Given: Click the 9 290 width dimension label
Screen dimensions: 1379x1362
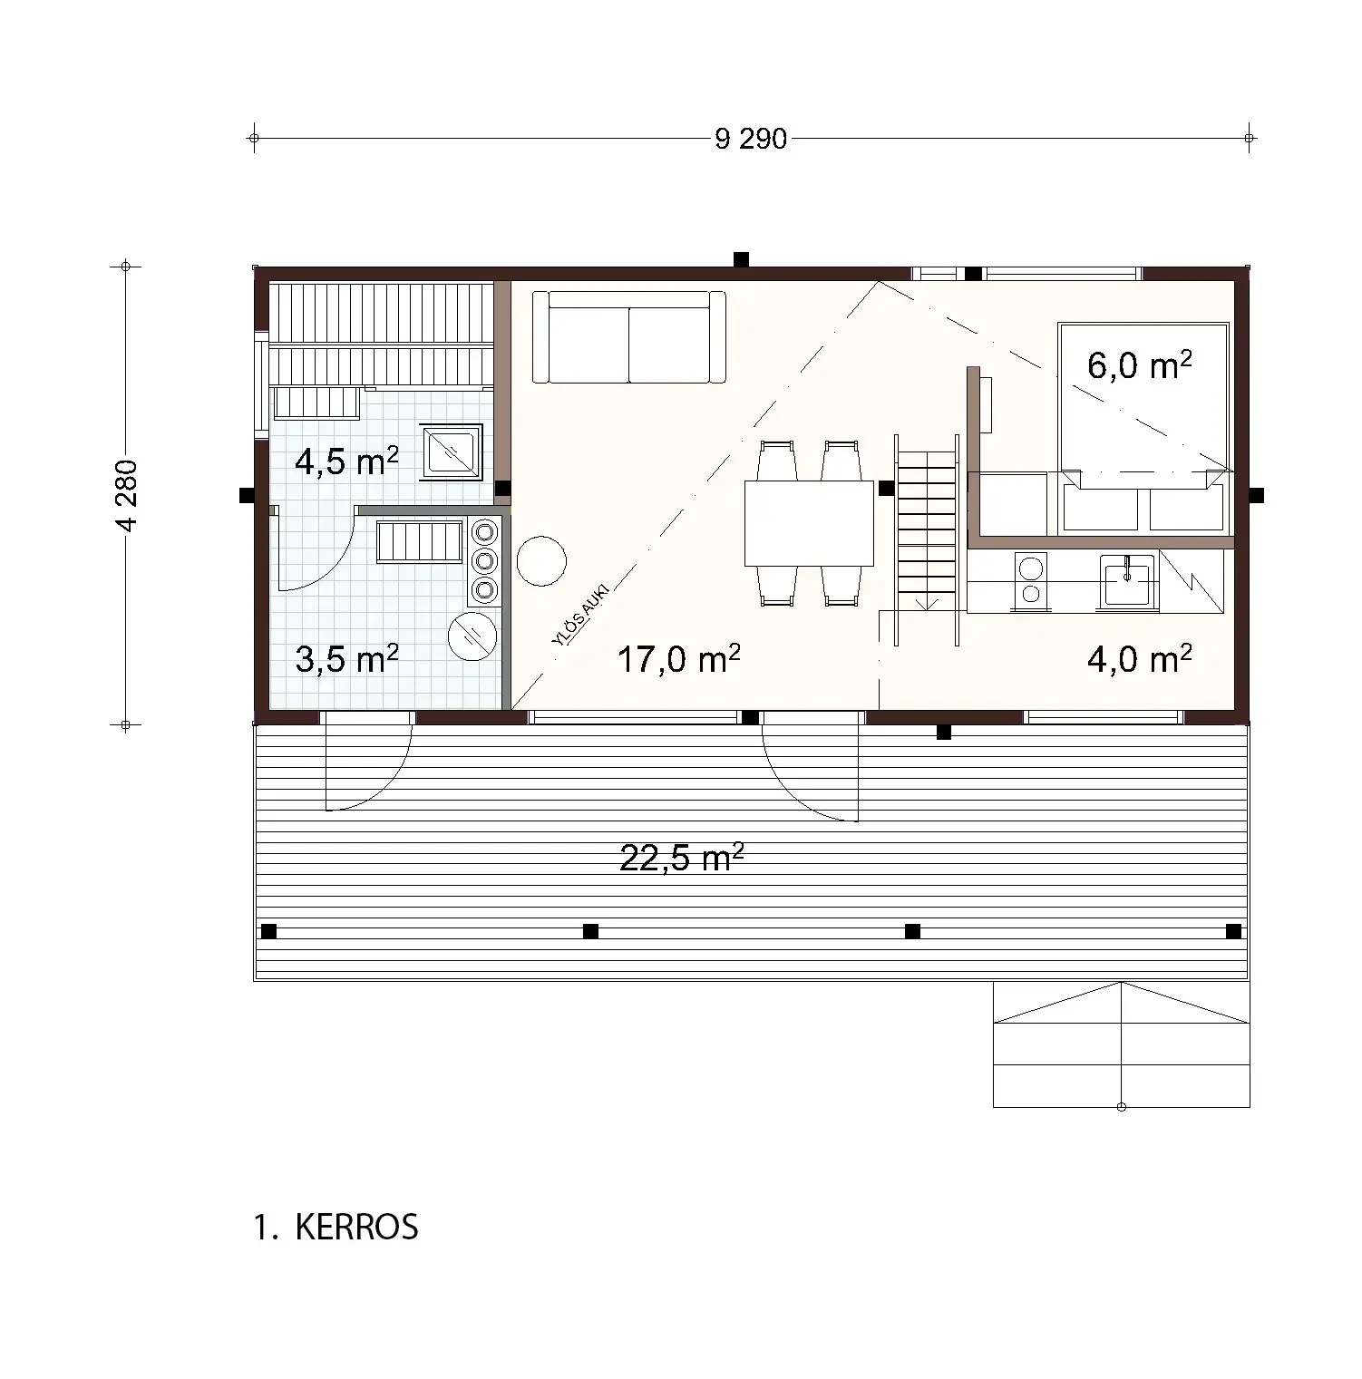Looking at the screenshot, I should pyautogui.click(x=751, y=140).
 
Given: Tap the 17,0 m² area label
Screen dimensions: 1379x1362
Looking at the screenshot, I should pyautogui.click(x=678, y=659).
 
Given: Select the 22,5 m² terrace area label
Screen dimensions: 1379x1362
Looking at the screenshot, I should pyautogui.click(x=682, y=857).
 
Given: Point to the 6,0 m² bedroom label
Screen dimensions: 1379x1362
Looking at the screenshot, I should pyautogui.click(x=1139, y=366).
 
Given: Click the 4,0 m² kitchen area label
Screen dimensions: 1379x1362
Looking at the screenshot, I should pyautogui.click(x=1139, y=659).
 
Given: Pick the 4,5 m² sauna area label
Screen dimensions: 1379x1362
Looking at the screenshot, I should pyautogui.click(x=346, y=461).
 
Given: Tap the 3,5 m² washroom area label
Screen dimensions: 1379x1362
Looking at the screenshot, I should pyautogui.click(x=346, y=659).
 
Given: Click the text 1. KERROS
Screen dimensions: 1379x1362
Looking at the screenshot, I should pyautogui.click(x=336, y=1228).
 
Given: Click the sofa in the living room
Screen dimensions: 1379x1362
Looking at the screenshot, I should pyautogui.click(x=628, y=337).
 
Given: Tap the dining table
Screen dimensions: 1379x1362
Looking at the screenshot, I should pyautogui.click(x=809, y=523).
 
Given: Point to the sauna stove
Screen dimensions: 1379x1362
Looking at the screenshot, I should pyautogui.click(x=451, y=452).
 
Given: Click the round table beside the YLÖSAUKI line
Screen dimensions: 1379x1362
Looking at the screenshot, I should pyautogui.click(x=540, y=561).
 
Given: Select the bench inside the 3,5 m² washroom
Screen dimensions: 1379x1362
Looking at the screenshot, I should pyautogui.click(x=420, y=543).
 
